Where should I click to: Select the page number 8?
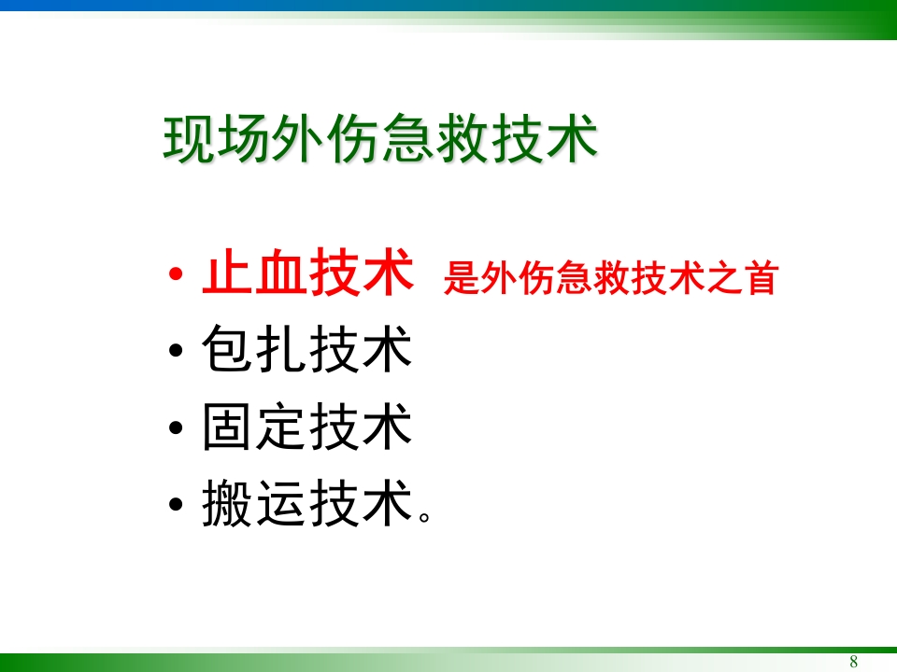pos(853,662)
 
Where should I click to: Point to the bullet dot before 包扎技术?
pos(178,354)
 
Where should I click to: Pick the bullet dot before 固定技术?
pos(178,430)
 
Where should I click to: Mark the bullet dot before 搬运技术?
pos(178,507)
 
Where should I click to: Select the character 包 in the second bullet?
pos(227,352)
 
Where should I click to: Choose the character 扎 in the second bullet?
pos(281,352)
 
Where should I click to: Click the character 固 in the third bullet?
pos(227,428)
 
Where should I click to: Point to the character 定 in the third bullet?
pos(281,428)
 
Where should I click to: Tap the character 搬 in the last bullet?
pos(227,505)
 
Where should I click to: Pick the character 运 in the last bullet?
pos(281,505)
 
